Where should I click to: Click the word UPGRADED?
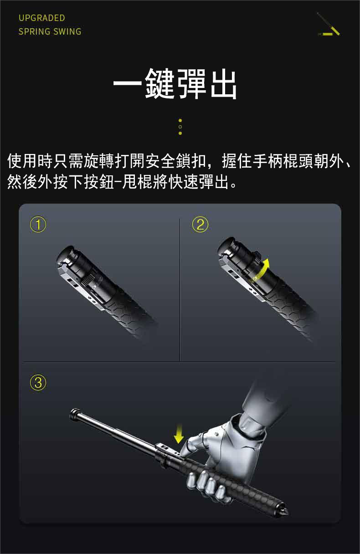tap(42, 18)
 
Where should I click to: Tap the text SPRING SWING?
tap(50, 31)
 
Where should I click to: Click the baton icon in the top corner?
tap(329, 24)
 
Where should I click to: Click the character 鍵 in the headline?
tap(160, 83)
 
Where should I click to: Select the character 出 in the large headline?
tap(223, 83)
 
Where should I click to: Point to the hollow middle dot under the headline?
tap(180, 127)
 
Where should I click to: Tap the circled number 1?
tap(38, 224)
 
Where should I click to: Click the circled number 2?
tap(200, 224)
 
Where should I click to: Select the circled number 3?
tap(38, 382)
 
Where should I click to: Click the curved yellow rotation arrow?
tap(262, 271)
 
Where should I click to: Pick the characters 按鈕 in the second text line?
tap(99, 182)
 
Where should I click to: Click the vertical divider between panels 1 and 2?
tap(180, 290)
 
